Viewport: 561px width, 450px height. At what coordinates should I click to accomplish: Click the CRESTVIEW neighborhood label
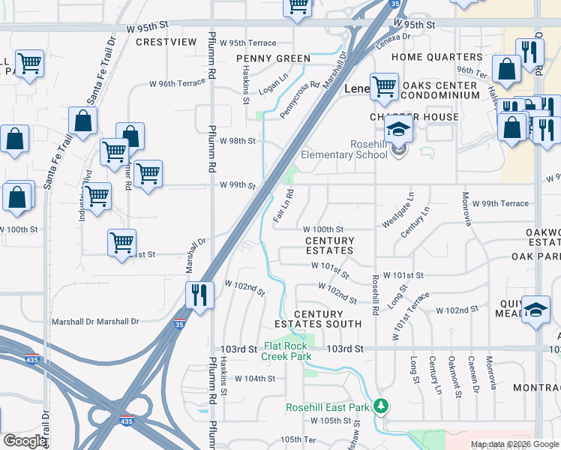pos(166,42)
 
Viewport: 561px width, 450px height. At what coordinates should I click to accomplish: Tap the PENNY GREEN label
pos(273,58)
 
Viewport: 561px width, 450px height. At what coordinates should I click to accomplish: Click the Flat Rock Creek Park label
pos(298,352)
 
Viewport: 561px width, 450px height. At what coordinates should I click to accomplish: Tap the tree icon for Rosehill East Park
pos(382,406)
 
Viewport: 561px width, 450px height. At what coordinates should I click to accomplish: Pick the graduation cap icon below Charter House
pos(400,128)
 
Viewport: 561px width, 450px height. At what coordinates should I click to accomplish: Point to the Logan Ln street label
pos(274,82)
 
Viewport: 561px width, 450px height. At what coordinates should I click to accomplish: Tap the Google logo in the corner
pos(25,441)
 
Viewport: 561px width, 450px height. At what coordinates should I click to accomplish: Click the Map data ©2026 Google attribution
pos(514,444)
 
